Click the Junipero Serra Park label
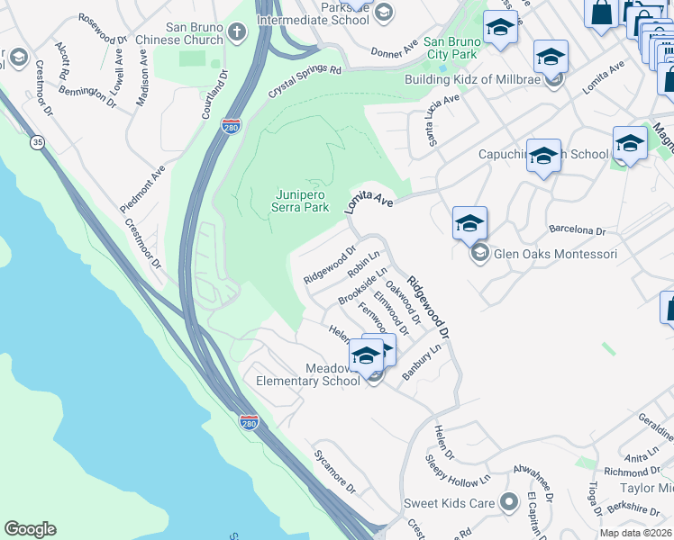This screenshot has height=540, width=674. click(x=301, y=200)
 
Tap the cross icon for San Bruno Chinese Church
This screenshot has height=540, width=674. click(x=236, y=33)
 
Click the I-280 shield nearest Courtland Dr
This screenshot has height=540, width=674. click(x=232, y=127)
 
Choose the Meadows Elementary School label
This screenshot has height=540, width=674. click(x=308, y=374)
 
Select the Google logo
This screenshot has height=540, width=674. click(x=30, y=529)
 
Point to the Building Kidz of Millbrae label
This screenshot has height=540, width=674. click(x=485, y=78)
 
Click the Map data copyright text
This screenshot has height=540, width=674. click(x=636, y=533)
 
